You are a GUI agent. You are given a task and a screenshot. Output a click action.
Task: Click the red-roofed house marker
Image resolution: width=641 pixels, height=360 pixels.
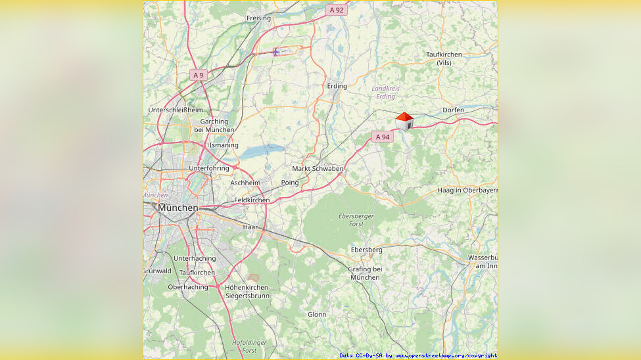tap(404, 122)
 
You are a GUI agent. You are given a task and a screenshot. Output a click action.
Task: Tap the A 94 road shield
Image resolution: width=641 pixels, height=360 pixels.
tap(382, 137)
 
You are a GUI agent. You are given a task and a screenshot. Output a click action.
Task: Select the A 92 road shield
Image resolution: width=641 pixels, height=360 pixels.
tap(336, 10)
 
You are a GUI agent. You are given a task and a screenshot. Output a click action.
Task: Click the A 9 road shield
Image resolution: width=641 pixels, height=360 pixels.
tap(198, 75)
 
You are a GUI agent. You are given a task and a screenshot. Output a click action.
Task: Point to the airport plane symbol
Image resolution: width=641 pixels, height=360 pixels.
tap(277, 51)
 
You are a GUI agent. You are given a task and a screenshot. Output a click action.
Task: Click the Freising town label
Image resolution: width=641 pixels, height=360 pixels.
tap(258, 18)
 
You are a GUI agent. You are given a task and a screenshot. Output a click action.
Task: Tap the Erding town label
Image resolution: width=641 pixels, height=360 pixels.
tap(337, 86)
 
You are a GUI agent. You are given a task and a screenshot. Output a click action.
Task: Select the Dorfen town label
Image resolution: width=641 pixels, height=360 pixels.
tap(453, 110)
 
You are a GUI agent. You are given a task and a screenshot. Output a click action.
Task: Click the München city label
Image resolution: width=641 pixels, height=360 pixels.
tap(178, 208)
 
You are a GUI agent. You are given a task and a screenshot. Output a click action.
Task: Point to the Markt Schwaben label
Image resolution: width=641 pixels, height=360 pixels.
tap(318, 169)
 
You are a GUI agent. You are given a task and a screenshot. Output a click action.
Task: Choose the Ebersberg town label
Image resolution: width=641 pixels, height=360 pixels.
tap(366, 250)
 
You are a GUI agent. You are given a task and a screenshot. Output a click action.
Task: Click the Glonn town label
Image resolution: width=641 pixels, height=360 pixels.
tap(317, 314)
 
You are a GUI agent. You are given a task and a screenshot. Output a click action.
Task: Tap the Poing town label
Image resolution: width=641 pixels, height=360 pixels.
tap(289, 183)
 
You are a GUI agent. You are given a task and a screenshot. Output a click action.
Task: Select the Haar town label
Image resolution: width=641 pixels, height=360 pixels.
tap(250, 227)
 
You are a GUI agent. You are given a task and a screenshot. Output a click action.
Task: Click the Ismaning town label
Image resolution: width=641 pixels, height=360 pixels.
tap(224, 145)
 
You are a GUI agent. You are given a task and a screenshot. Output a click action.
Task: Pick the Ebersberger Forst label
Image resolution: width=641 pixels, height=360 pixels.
tap(356, 220)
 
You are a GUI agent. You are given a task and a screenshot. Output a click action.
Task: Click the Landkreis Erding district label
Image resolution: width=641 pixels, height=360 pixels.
tap(385, 92)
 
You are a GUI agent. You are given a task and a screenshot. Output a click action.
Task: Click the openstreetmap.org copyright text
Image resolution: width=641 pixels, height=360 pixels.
tap(418, 355)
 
